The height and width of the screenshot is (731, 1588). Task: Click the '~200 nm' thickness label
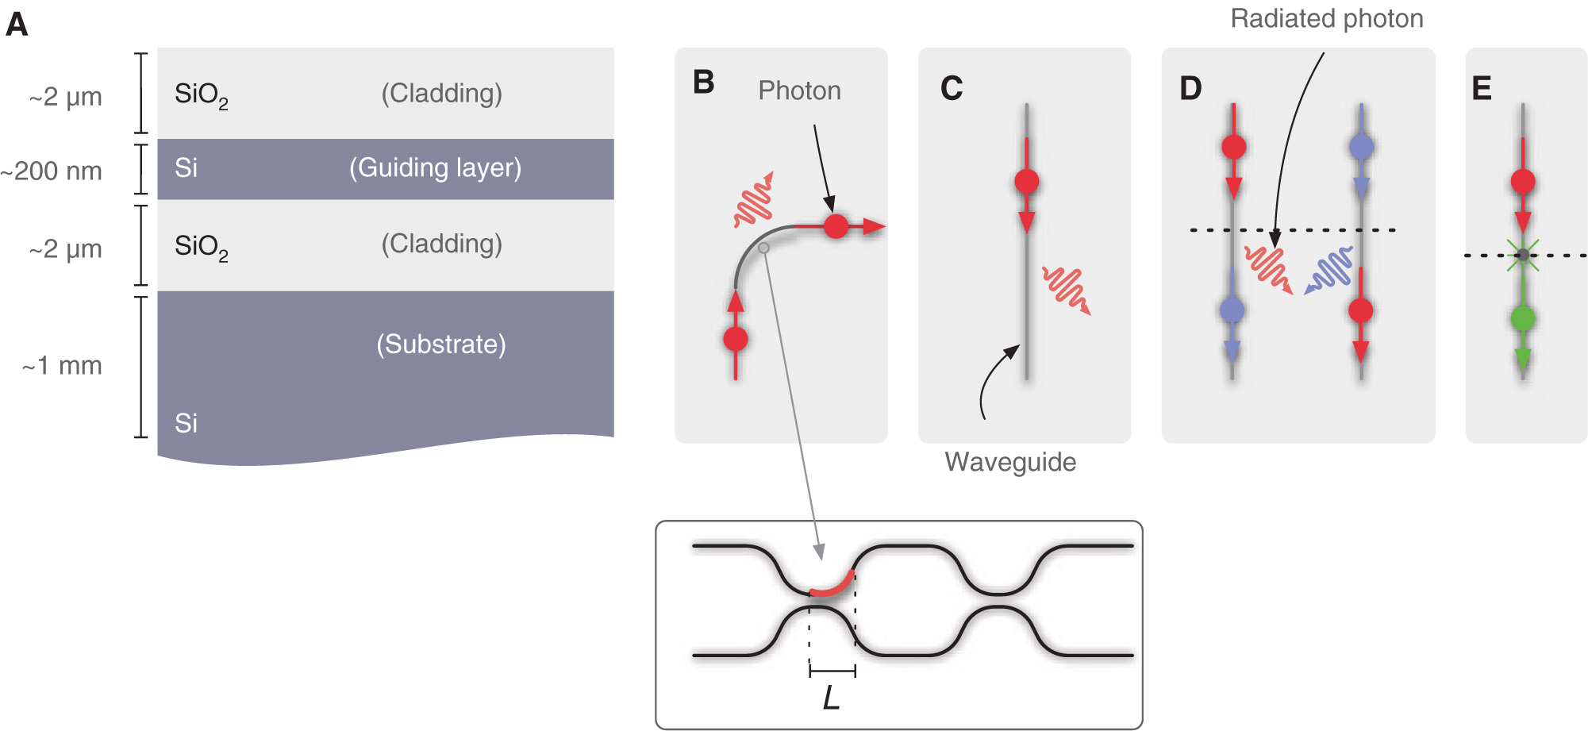[52, 171]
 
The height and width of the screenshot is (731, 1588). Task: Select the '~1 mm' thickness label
[63, 366]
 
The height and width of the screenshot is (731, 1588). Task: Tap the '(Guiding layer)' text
[435, 167]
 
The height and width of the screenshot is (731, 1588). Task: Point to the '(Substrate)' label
[440, 344]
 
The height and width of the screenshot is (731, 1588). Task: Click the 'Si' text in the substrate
[186, 423]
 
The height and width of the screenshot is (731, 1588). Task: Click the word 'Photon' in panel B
[799, 90]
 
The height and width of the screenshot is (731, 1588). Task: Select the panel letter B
[703, 82]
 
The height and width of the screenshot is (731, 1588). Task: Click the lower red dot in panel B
[736, 339]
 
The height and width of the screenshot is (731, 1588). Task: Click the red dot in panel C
[1026, 182]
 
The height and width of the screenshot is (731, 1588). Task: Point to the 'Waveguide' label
[1010, 462]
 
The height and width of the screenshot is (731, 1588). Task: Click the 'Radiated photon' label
[1326, 18]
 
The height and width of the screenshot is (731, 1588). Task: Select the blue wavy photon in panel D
[1330, 271]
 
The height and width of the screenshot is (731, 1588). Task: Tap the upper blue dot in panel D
[1361, 147]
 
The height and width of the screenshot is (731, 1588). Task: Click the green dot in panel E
[1522, 319]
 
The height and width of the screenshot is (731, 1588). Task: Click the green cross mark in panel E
[1522, 255]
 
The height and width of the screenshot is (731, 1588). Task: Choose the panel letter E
[1481, 88]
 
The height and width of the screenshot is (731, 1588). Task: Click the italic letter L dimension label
[831, 698]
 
